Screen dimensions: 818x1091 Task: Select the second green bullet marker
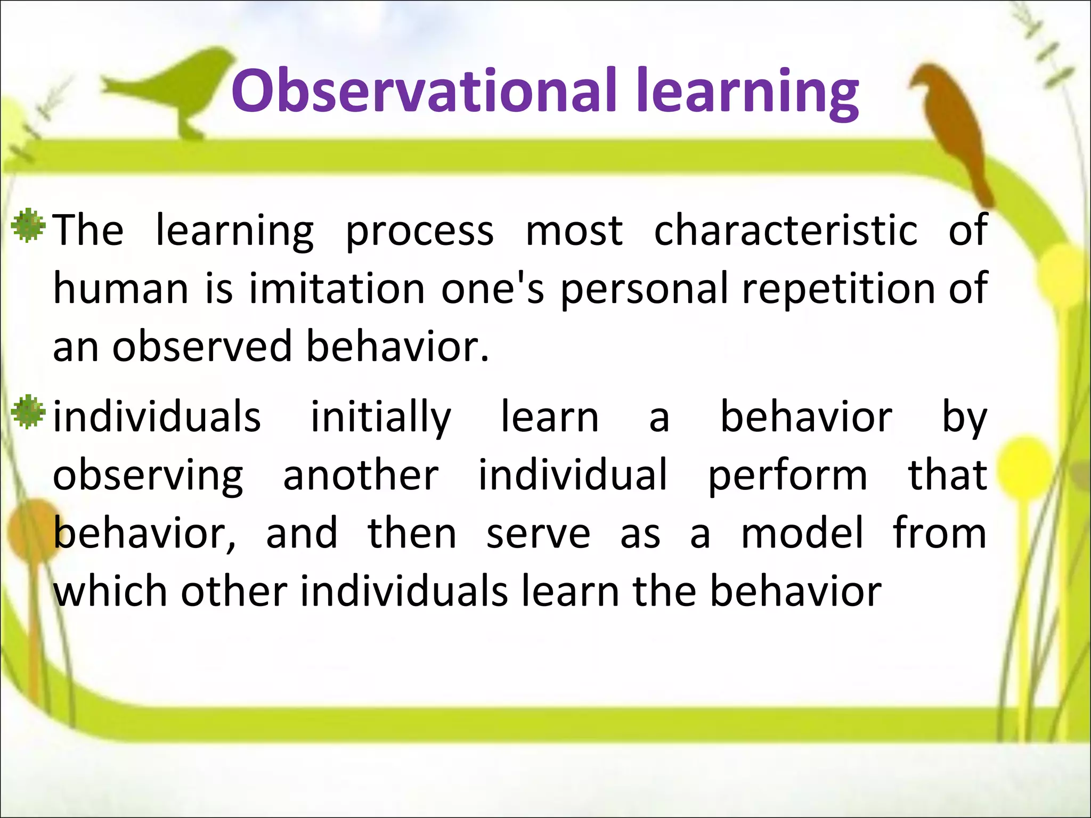pyautogui.click(x=28, y=412)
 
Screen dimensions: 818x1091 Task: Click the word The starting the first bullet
pyautogui.click(x=88, y=231)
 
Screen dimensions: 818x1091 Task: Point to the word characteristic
pyautogui.click(x=786, y=231)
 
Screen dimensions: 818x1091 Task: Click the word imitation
pyautogui.click(x=337, y=289)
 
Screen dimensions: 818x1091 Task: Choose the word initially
pyautogui.click(x=380, y=417)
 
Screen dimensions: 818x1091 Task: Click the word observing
pyautogui.click(x=148, y=476)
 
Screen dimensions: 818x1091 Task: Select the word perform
pyautogui.click(x=787, y=476)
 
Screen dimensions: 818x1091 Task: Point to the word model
pyautogui.click(x=802, y=534)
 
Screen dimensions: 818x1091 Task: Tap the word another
pyautogui.click(x=361, y=476)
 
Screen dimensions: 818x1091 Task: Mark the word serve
pyautogui.click(x=538, y=534)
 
